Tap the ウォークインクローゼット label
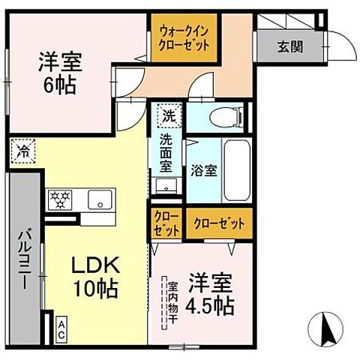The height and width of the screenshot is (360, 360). (x=184, y=37)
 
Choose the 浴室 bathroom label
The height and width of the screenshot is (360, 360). (x=203, y=169)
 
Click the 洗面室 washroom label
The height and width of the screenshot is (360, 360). (x=166, y=150)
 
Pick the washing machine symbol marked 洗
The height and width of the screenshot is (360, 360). (x=169, y=116)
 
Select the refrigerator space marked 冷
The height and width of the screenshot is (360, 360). (x=20, y=149)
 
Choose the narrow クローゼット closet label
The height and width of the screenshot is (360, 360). (x=166, y=223)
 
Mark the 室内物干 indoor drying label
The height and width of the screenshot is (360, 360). (x=172, y=300)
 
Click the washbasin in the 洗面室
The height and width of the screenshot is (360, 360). (x=166, y=187)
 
